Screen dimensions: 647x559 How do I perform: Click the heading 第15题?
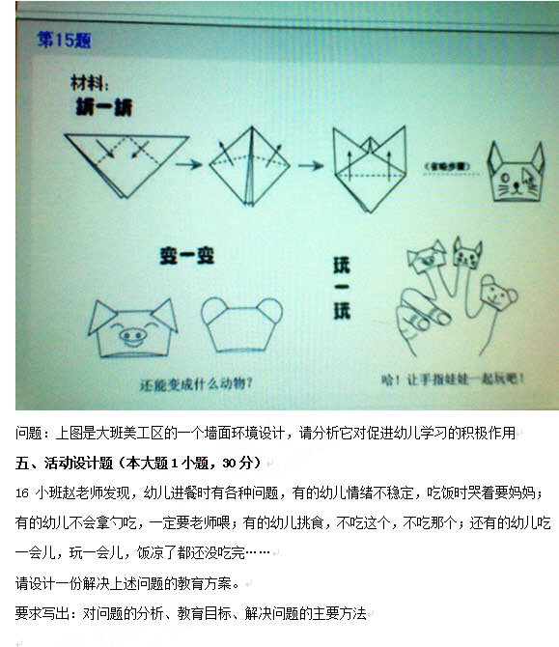[64, 41]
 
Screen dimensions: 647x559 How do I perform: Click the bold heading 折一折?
[103, 107]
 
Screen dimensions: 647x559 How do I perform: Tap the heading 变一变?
[186, 256]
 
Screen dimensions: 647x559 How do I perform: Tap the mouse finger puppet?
[495, 294]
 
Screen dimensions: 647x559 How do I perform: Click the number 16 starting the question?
[23, 492]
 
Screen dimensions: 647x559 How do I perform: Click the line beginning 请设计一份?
[126, 583]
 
